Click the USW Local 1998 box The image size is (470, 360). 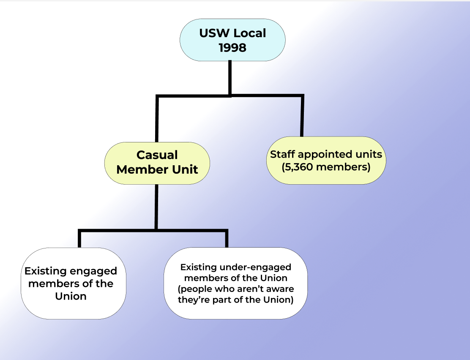click(x=232, y=40)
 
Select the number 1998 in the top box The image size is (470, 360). click(x=232, y=48)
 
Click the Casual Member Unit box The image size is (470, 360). click(x=157, y=163)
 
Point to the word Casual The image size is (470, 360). click(x=157, y=155)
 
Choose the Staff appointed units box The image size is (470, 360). click(x=326, y=161)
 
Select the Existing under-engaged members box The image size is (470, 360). click(x=235, y=283)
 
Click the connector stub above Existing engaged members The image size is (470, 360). click(x=79, y=239)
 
